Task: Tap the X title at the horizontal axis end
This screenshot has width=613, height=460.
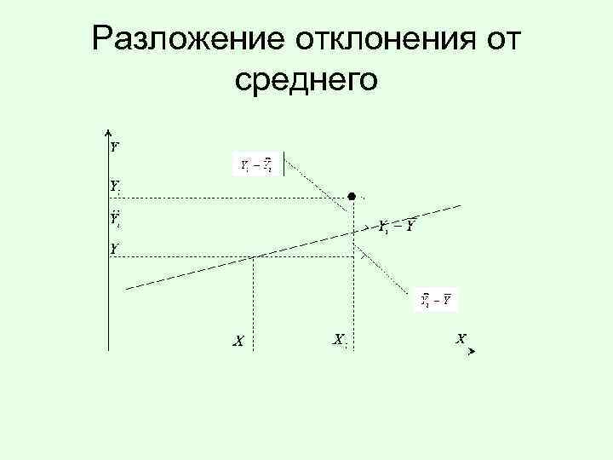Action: [x=461, y=338]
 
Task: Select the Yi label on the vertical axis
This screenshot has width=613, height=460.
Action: [x=115, y=185]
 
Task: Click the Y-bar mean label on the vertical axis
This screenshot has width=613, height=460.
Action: [x=114, y=249]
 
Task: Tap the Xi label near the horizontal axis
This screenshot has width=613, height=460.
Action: [x=339, y=340]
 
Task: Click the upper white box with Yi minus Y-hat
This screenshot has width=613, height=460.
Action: [x=255, y=164]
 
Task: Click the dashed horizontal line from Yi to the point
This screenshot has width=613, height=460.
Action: [x=230, y=197]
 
